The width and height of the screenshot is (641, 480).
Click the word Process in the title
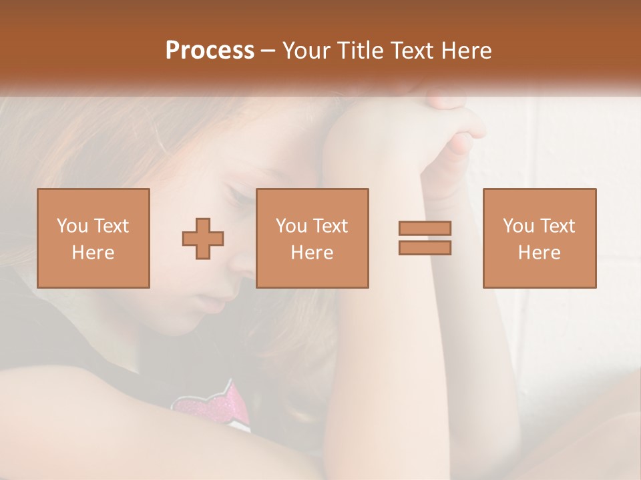coord(210,51)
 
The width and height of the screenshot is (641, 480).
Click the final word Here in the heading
coord(467,51)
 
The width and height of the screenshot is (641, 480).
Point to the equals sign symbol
coord(425,238)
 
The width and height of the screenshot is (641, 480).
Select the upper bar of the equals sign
coord(425,229)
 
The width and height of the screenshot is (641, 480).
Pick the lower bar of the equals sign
coord(425,247)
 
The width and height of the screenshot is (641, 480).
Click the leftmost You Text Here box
coord(93,238)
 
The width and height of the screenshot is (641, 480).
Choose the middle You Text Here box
coord(312,238)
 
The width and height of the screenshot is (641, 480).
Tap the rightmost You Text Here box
coord(539,238)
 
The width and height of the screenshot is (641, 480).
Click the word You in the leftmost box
coord(71,226)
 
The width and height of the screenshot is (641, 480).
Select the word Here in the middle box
coord(312,253)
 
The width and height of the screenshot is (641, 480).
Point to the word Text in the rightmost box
coord(558,226)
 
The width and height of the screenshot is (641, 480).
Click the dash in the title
coord(268,51)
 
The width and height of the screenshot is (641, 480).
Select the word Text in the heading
coord(410,51)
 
